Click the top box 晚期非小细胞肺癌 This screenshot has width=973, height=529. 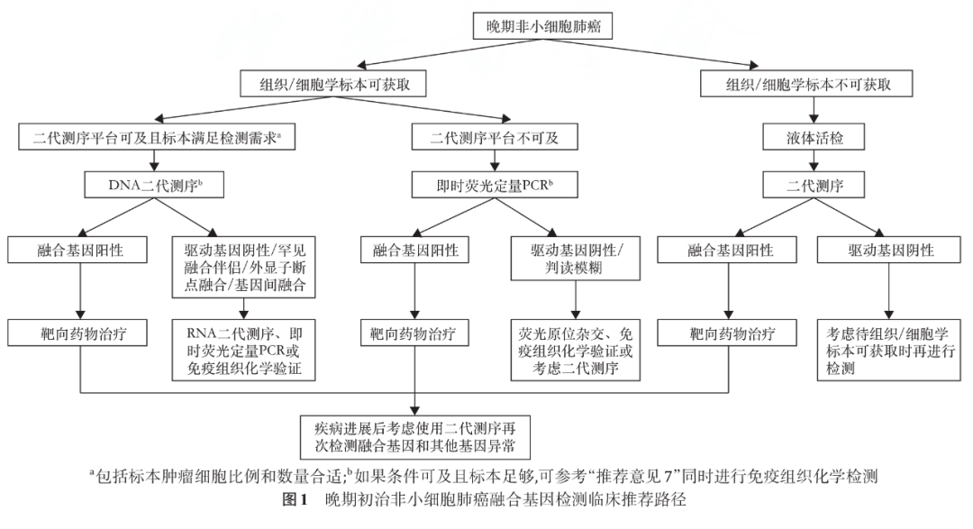[x=543, y=27]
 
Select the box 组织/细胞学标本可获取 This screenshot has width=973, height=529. [x=333, y=84]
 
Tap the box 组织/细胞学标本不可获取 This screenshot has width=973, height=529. [x=814, y=84]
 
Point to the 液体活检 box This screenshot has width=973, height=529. [x=814, y=137]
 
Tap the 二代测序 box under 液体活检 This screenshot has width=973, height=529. [x=814, y=186]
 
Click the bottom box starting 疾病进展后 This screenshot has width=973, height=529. [x=415, y=436]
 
